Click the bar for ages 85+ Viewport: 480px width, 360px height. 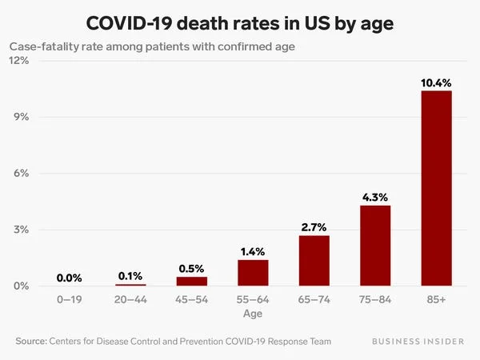coord(436,188)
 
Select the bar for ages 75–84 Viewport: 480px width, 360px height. coord(375,246)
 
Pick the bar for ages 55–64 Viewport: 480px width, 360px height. coord(253,273)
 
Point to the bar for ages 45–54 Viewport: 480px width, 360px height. coord(192,281)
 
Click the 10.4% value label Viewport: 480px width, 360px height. coord(436,82)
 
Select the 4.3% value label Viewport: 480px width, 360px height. coord(375,197)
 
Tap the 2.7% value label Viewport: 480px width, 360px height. coord(314,227)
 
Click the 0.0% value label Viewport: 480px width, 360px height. coord(70,278)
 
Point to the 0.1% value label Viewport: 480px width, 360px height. coord(130,275)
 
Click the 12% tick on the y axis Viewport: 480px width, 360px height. coord(19,61)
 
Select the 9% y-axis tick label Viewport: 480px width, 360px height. coord(22,117)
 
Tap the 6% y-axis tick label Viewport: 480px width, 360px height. coord(22,174)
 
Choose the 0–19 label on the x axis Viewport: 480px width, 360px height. coord(70,299)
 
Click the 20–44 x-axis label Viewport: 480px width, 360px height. coord(130,299)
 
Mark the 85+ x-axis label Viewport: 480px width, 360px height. coord(436,299)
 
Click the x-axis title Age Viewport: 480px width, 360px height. coord(253,314)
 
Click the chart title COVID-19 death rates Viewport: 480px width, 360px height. coord(240,22)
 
